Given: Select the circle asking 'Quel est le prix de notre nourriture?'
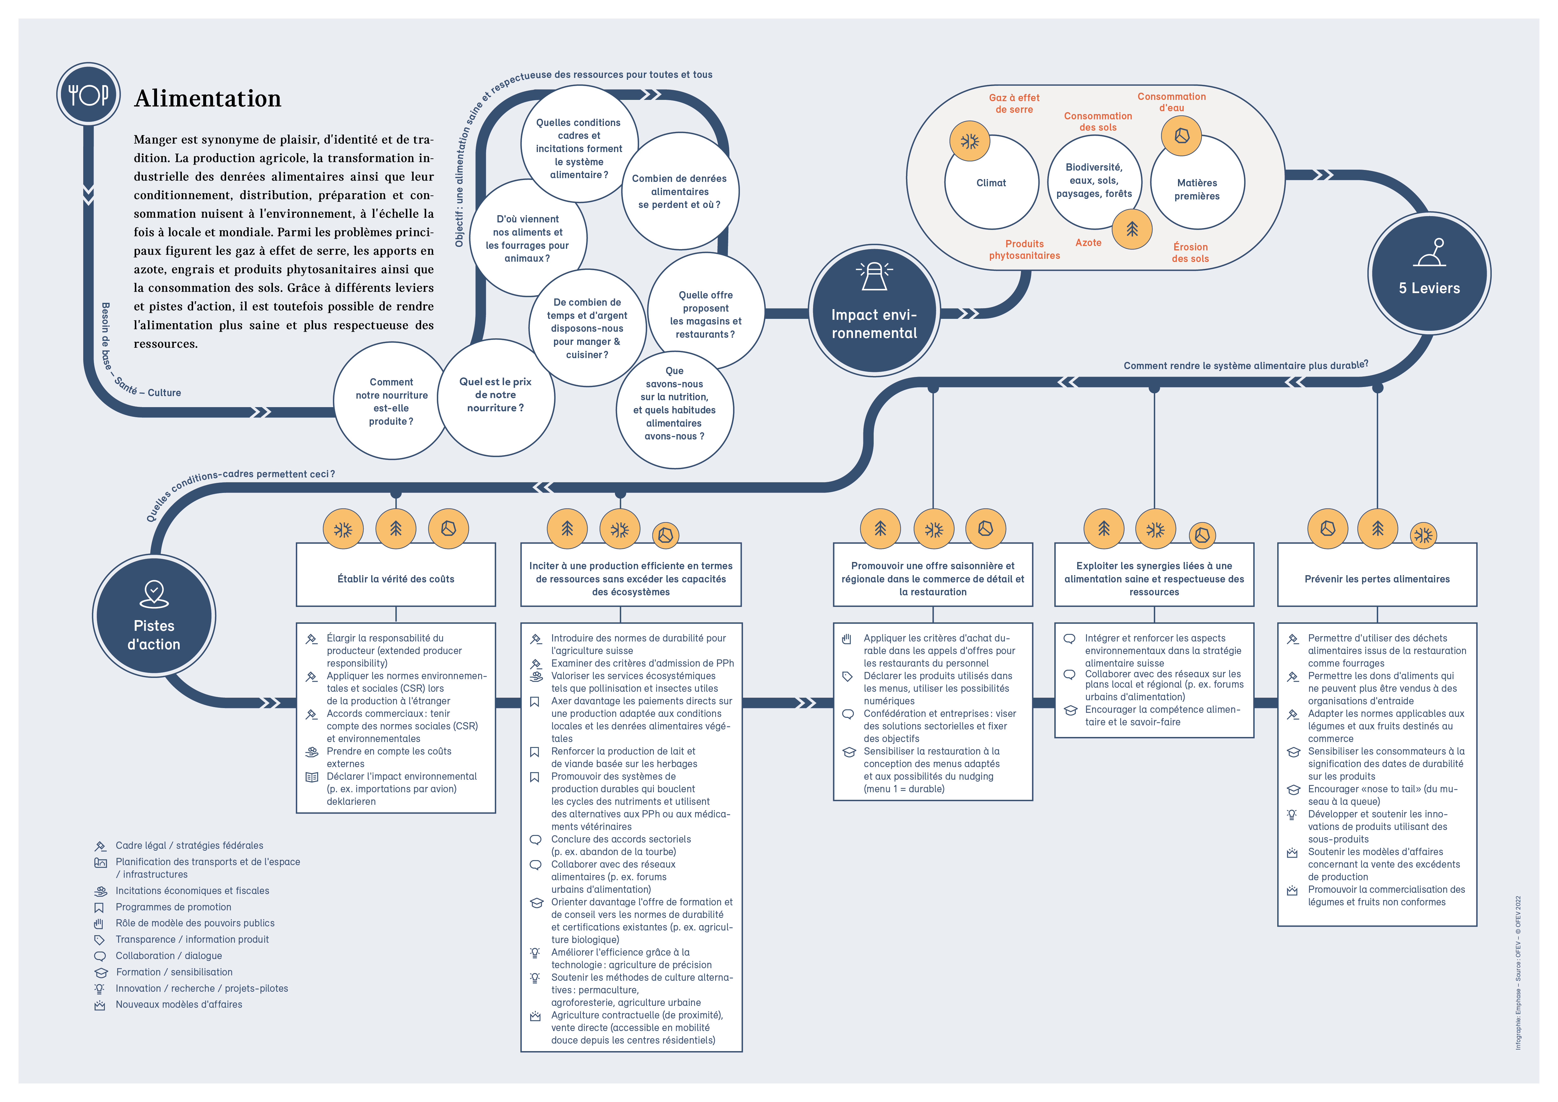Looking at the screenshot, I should click(x=495, y=395).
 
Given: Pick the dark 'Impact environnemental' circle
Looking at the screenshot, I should click(x=874, y=312).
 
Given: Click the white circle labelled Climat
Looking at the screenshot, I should click(x=991, y=183).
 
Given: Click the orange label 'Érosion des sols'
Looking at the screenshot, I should click(x=1190, y=253).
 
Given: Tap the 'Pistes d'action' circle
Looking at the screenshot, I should click(x=154, y=616).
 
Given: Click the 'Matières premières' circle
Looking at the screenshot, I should click(x=1197, y=189).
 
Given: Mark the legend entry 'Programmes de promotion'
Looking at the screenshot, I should click(x=173, y=907).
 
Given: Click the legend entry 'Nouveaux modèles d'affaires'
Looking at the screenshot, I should click(x=178, y=1005).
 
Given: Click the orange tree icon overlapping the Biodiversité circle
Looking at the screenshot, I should click(x=1132, y=229).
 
